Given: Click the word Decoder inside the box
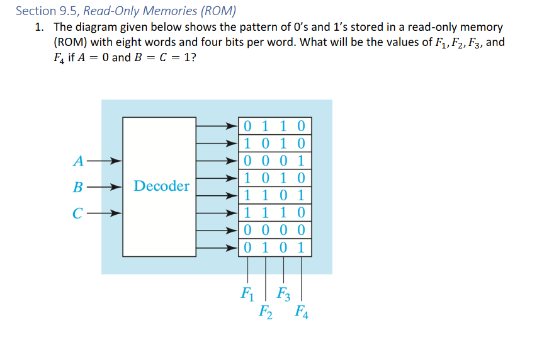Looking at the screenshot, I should point(161,186).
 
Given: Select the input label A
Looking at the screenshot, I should point(77,161).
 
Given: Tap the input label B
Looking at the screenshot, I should point(77,187).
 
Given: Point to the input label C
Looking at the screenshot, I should point(77,213).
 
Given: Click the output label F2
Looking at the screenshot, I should point(265,310).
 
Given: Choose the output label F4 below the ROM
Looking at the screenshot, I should point(302,310).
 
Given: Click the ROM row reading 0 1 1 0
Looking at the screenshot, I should point(274,125).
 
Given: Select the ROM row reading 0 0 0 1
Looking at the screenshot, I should point(274,160).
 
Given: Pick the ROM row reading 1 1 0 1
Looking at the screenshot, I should point(274,195).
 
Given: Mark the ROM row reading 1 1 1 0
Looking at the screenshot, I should point(274,212).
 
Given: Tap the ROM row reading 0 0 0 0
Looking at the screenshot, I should point(274,229).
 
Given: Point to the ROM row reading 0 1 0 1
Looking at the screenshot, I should point(274,247).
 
